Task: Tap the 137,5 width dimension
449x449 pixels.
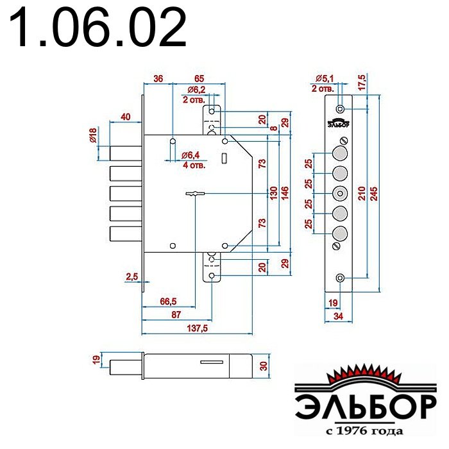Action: [x=197, y=328]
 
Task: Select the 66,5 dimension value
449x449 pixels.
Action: [x=168, y=301]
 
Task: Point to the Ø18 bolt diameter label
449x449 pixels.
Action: [x=93, y=135]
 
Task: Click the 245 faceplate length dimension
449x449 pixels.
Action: [x=374, y=194]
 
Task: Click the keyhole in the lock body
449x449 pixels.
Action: [x=195, y=194]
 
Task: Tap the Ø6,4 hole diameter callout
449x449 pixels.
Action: [x=191, y=155]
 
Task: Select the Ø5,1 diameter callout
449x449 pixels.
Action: [x=325, y=78]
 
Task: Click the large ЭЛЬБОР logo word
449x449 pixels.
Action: [x=366, y=407]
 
